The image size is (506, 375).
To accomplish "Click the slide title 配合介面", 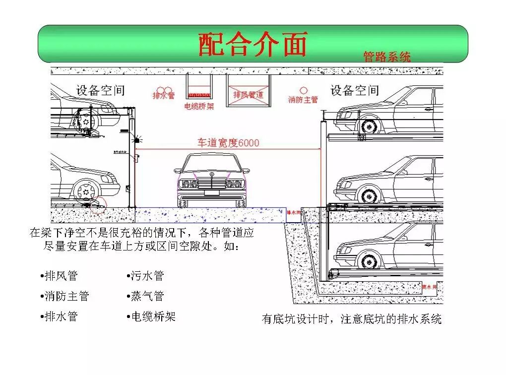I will click(253, 44).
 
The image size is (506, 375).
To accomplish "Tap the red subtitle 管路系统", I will click(386, 57).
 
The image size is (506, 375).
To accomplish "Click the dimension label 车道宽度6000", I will click(228, 143).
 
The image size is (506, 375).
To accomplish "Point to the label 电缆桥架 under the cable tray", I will click(199, 106).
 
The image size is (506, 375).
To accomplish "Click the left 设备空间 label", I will click(100, 90).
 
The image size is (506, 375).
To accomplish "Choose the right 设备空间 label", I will click(355, 90).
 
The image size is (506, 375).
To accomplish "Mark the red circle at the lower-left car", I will click(98, 204).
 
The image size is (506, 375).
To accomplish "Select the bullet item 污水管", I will click(146, 276).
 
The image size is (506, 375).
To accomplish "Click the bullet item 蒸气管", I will click(146, 296).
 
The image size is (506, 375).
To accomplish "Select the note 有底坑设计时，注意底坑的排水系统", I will click(351, 319).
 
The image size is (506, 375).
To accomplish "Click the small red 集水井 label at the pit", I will click(430, 287).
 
